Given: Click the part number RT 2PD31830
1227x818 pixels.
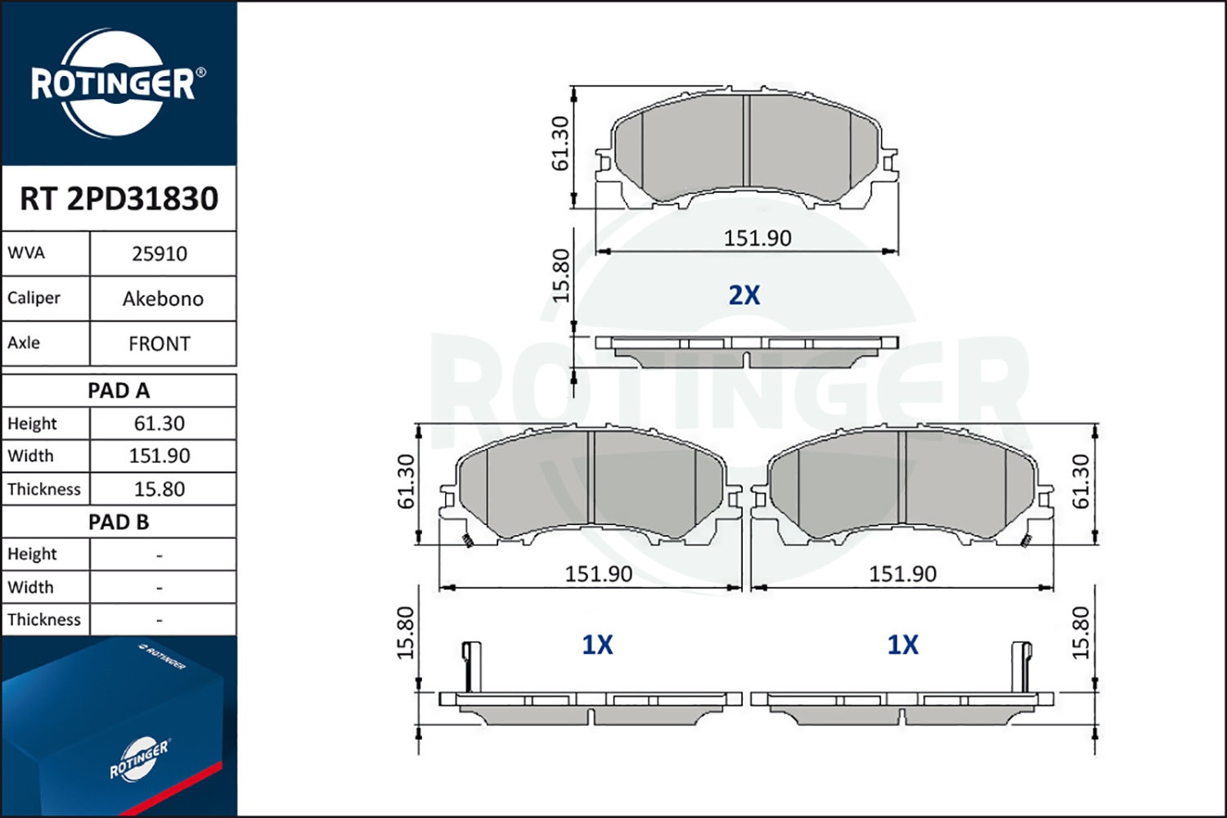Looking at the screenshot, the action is coord(119,198).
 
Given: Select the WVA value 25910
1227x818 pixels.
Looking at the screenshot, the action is coord(160,254).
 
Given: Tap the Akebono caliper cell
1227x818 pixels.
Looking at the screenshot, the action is coord(163,299).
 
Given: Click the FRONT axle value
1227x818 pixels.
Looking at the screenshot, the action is coord(160,344).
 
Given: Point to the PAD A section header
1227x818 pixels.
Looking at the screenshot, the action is coord(119,391).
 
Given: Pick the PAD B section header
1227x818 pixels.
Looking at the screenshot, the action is coord(119,522).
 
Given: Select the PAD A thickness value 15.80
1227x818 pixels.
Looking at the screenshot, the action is coord(160,488).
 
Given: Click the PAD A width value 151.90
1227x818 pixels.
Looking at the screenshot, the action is coord(160,456).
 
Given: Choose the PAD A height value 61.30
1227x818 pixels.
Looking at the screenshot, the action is coord(160,423).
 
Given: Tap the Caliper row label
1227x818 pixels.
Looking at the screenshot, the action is coord(34,298).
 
